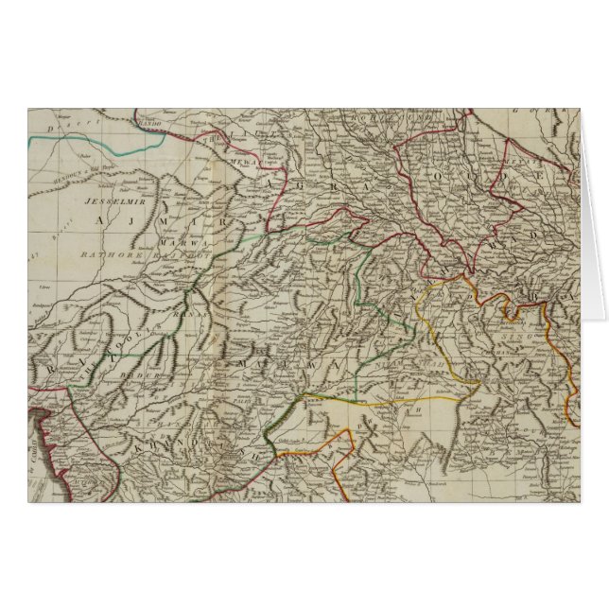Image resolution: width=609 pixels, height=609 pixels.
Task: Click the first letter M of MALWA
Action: (246, 364)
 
